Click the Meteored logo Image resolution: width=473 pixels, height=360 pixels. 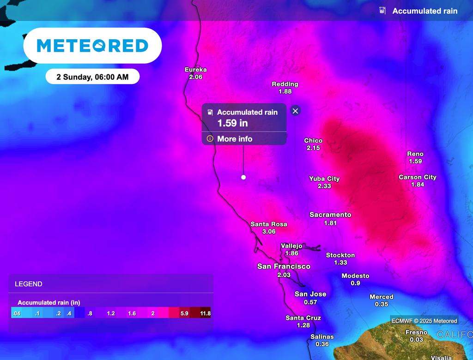point(92,45)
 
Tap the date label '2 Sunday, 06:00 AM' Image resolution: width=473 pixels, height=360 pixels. point(92,77)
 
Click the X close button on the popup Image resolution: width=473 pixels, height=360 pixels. point(296,110)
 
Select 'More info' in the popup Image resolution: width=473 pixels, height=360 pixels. point(235,139)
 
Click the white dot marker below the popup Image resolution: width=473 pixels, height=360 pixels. point(243,177)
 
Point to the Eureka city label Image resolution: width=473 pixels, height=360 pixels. point(195,70)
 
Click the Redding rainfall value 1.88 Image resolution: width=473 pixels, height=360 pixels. point(285,91)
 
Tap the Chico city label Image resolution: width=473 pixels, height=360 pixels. point(313,141)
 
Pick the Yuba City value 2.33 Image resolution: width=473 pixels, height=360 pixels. point(324,186)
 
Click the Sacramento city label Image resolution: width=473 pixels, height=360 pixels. point(330,215)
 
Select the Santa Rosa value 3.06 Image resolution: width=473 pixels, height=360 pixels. point(269,231)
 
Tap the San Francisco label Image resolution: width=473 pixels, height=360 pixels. point(284,266)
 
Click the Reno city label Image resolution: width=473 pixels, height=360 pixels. point(415,154)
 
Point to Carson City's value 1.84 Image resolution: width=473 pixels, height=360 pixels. point(418,185)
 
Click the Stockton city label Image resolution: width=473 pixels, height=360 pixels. point(340,255)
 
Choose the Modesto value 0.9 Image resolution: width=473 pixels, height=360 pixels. point(355,283)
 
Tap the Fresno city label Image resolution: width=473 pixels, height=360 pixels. point(416,332)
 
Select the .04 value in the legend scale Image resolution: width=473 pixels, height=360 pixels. point(17,313)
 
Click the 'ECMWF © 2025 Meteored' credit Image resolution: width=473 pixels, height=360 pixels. point(424,321)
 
